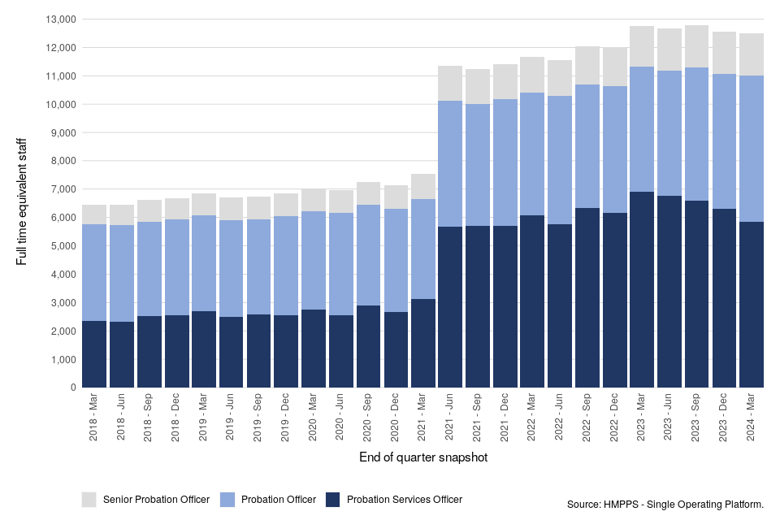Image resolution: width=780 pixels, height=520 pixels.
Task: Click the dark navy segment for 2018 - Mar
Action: point(95,354)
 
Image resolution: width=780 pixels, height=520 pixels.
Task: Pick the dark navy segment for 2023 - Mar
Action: point(642,289)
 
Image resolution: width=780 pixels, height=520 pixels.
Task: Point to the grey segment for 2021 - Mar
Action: point(423,186)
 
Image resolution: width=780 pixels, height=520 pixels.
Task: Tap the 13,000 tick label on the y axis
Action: point(61,19)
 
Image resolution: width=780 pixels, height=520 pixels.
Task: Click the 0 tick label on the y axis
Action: point(73,388)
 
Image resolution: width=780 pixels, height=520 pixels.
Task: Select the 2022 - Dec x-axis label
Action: point(614,418)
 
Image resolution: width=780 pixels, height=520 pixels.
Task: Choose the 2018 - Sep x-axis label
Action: point(150,418)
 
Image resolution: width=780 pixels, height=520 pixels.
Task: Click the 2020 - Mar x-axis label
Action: point(314,418)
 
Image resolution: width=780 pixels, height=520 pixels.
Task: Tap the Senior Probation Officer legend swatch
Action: point(89,499)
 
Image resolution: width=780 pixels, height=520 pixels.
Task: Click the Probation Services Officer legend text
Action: point(404,500)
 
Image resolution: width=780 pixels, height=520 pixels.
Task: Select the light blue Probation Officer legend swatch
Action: point(228,499)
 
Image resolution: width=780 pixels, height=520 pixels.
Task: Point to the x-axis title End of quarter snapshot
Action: point(422,458)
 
